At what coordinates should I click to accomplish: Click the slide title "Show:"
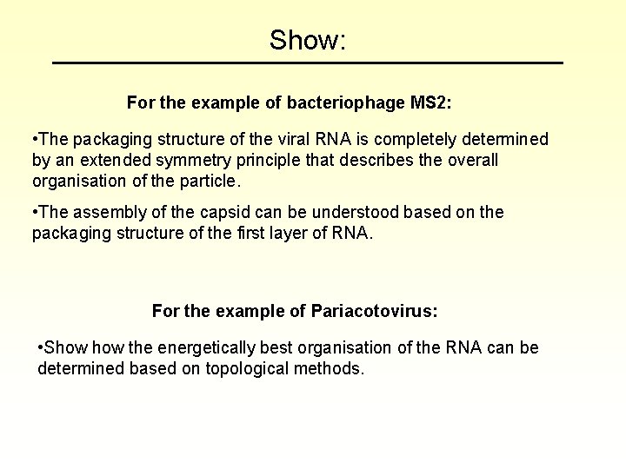tap(308, 40)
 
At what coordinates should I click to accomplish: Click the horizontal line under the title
tap(308, 63)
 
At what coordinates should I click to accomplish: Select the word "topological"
tap(250, 369)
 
